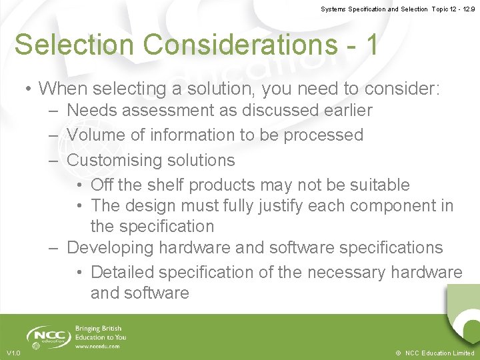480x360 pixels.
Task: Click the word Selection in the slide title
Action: click(x=74, y=45)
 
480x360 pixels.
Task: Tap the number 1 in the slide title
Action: click(x=371, y=45)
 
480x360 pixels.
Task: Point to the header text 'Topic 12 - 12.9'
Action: click(x=453, y=9)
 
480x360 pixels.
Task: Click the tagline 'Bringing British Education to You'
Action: click(x=101, y=333)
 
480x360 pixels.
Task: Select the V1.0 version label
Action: click(x=13, y=353)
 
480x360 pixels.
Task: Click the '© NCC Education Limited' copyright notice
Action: click(x=434, y=353)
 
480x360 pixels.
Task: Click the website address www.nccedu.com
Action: click(x=98, y=346)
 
